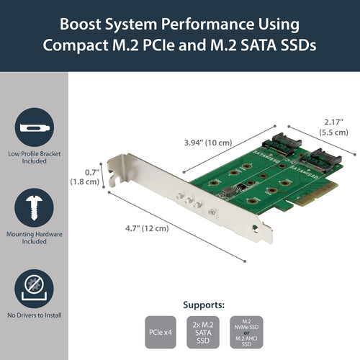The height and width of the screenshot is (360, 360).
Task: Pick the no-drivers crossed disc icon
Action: [x=34, y=283]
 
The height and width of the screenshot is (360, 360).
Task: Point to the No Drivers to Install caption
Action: [x=34, y=315]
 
